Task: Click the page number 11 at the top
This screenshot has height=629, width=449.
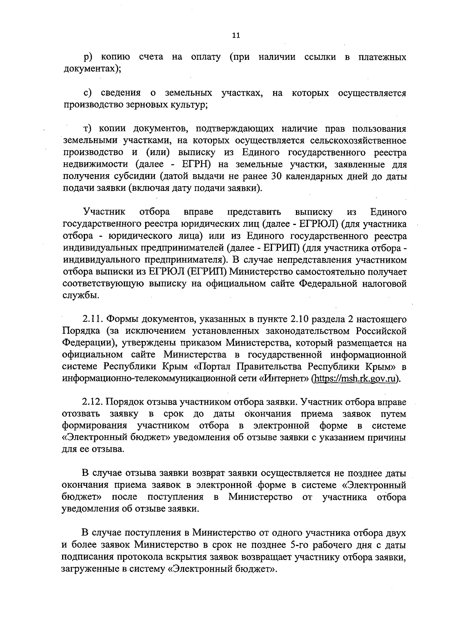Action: pos(236,36)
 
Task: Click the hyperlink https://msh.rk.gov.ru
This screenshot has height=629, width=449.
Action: pos(355,378)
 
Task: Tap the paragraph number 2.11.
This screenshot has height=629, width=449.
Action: pos(93,320)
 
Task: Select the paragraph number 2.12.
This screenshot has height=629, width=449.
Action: pos(93,402)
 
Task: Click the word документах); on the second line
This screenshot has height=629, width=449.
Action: pos(91,69)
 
